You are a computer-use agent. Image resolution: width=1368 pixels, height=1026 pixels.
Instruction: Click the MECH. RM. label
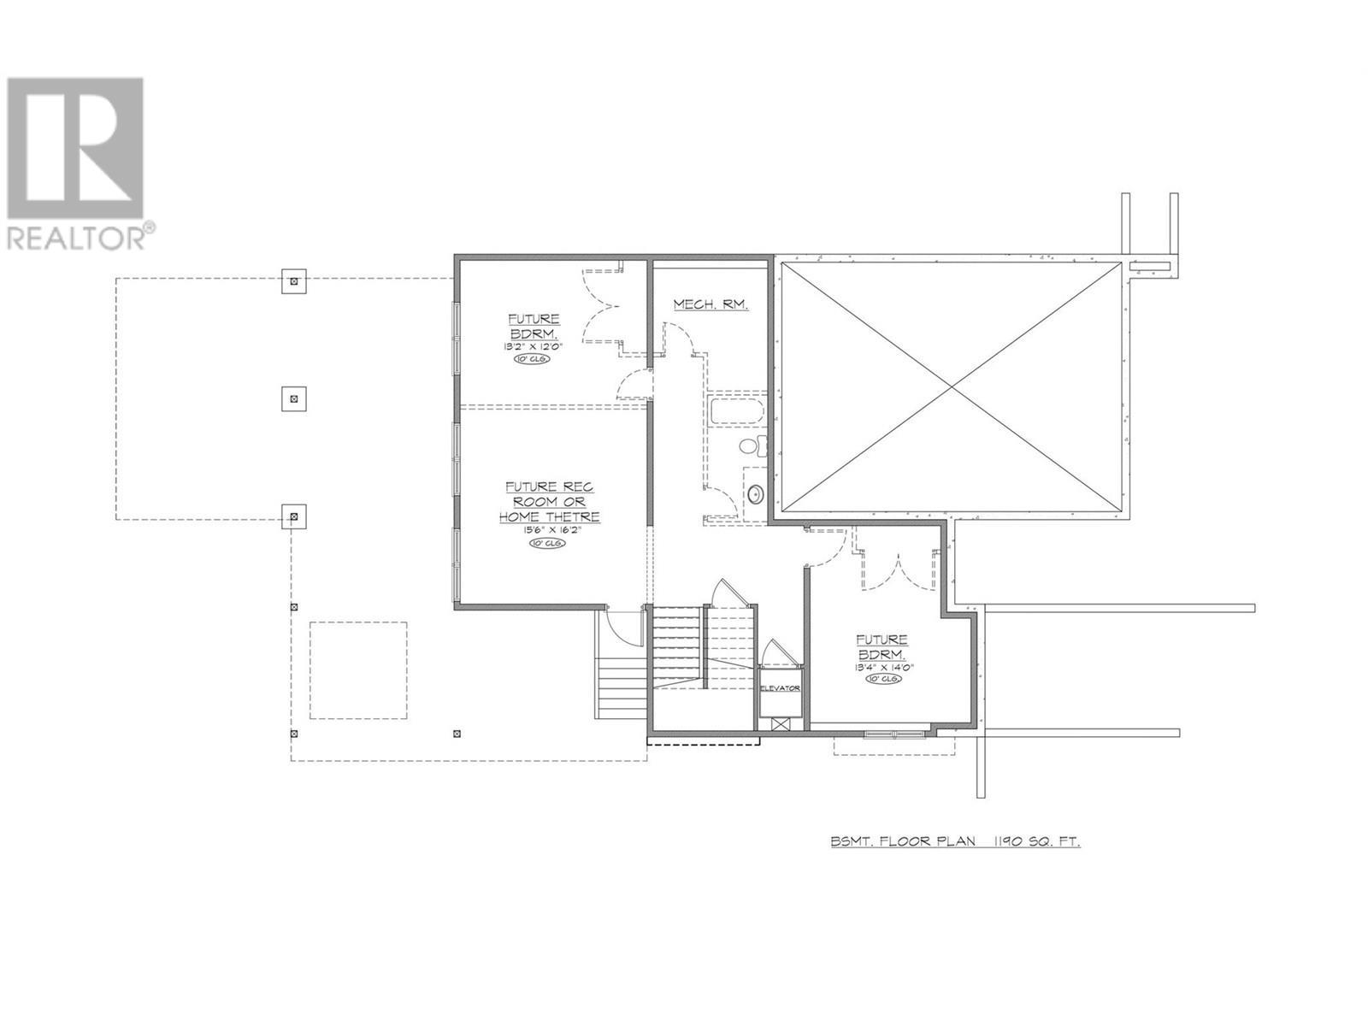pos(711,304)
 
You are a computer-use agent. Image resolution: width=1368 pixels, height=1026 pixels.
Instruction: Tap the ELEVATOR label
pos(780,687)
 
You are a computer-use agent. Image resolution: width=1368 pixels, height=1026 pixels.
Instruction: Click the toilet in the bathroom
pos(752,445)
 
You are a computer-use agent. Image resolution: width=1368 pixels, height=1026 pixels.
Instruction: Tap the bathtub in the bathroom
pos(734,410)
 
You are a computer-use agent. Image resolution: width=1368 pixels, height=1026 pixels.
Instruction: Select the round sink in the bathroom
pos(756,494)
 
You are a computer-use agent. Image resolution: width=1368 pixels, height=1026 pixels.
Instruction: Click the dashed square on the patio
pos(357,670)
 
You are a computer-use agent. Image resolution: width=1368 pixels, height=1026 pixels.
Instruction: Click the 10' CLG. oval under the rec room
pos(546,544)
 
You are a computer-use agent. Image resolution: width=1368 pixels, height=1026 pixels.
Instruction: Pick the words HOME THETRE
pos(550,516)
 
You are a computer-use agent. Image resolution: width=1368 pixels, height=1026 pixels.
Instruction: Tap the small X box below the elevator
pos(779,723)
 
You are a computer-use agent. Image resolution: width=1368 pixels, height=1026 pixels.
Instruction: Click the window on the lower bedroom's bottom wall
pos(893,733)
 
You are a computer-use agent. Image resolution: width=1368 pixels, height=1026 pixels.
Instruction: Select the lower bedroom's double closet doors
pos(898,571)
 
